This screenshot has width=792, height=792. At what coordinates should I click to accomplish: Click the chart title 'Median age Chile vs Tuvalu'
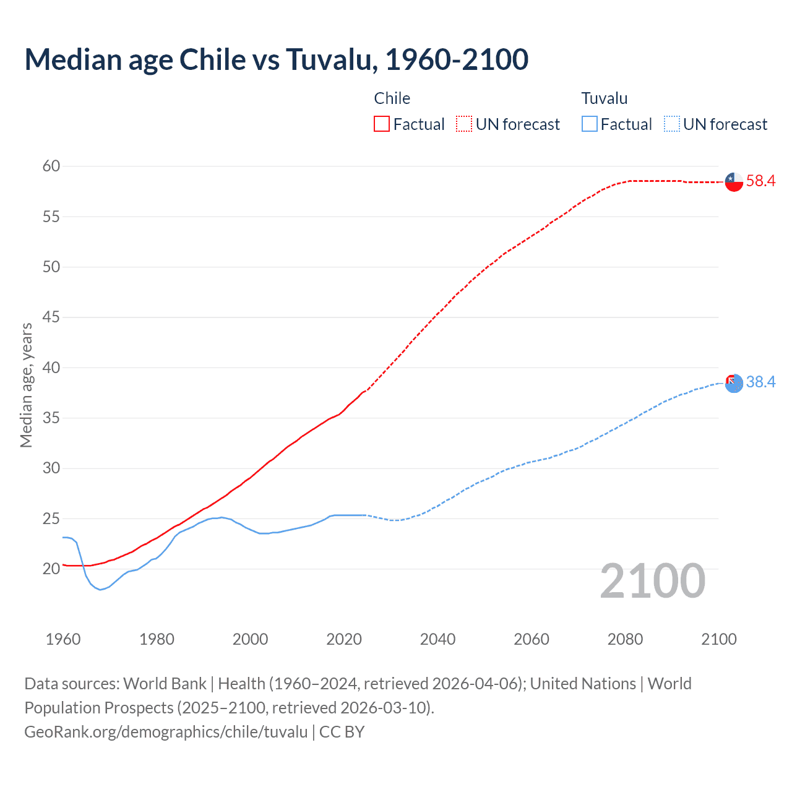(276, 59)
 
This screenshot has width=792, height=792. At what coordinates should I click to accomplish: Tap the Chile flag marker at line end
(734, 182)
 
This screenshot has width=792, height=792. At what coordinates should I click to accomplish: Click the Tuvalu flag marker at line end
(734, 383)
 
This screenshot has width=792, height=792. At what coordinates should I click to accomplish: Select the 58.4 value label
(760, 181)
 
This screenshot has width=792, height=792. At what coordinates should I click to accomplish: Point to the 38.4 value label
(760, 382)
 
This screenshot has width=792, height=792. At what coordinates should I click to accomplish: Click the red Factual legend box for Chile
(382, 124)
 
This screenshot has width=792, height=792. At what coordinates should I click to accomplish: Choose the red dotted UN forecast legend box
(464, 124)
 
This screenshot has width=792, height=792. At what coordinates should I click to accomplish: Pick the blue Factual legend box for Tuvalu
(590, 124)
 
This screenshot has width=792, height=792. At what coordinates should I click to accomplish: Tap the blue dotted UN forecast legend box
(671, 124)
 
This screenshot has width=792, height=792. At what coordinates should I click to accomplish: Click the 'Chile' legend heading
(392, 98)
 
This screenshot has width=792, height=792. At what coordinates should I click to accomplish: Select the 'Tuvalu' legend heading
(605, 98)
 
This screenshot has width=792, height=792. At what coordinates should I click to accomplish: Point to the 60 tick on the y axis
(51, 166)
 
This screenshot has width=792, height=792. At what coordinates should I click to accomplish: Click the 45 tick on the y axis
(51, 317)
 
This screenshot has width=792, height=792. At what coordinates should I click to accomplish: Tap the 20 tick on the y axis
(51, 569)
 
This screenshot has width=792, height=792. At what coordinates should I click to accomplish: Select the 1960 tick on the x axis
(63, 639)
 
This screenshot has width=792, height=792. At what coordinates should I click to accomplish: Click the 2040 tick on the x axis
(437, 639)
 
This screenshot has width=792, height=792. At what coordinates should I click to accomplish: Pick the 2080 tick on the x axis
(625, 639)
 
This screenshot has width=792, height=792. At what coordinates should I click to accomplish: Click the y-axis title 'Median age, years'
(26, 385)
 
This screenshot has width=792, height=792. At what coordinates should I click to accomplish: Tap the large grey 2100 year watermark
(652, 580)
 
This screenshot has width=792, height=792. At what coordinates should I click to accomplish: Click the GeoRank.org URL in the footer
(166, 732)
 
